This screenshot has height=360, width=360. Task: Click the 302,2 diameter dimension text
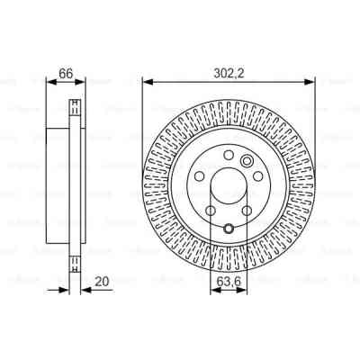229,65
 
